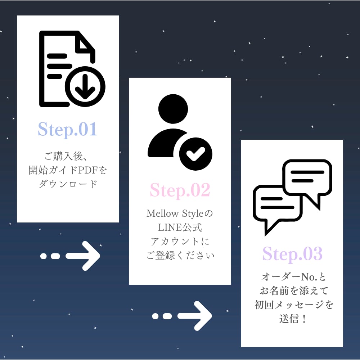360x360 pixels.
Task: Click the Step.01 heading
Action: [x=68, y=129]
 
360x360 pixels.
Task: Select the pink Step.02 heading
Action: [x=180, y=190]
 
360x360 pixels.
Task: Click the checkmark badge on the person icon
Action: [x=195, y=153]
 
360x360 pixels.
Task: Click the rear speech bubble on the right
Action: [x=307, y=178]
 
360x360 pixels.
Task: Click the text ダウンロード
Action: [x=68, y=184]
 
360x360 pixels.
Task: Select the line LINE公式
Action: [x=180, y=228]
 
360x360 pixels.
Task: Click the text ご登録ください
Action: [x=180, y=256]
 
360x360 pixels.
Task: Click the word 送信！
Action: [x=292, y=319]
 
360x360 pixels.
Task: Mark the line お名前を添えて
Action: [x=292, y=291]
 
